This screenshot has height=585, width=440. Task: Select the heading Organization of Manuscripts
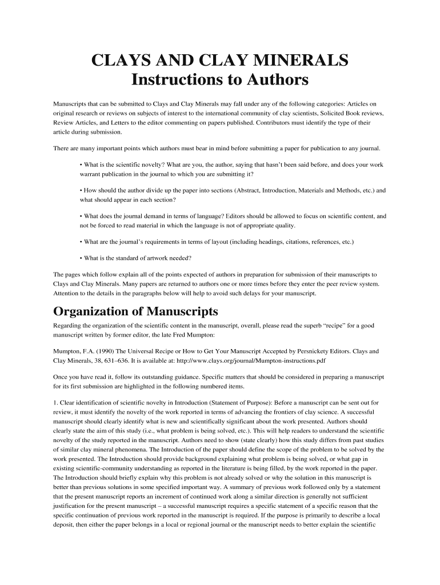135,311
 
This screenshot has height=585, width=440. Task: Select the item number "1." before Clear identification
55,403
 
